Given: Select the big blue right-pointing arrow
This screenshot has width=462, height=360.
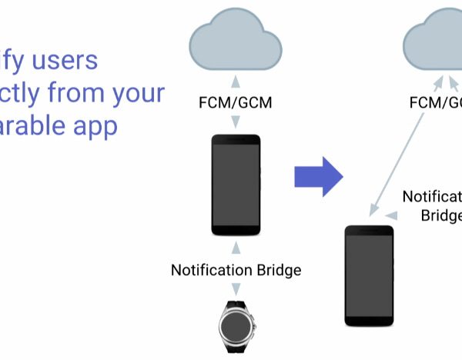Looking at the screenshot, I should pyautogui.click(x=318, y=177).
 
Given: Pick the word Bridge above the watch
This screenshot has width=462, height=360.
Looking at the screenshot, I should pyautogui.click(x=278, y=270).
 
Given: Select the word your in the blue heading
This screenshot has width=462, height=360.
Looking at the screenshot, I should pyautogui.click(x=142, y=93).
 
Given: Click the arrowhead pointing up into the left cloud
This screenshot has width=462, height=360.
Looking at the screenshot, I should pyautogui.click(x=235, y=80).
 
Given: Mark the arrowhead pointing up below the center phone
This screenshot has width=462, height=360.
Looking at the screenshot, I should pyautogui.click(x=235, y=245).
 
